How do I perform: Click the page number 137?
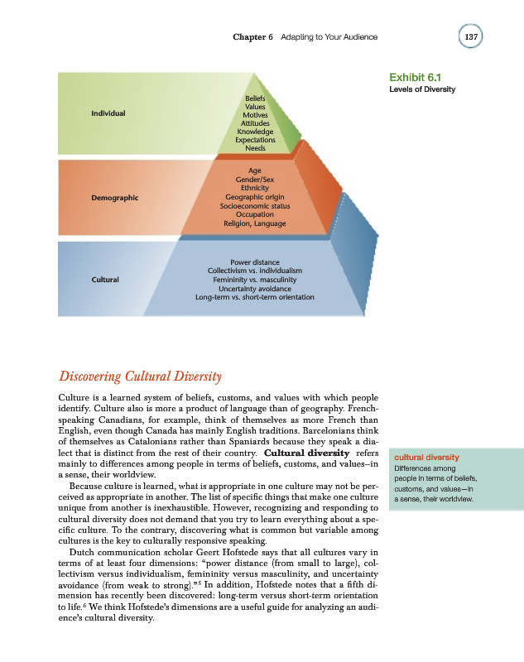click(x=472, y=37)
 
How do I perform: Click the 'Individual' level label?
click(x=108, y=113)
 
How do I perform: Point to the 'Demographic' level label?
click(x=114, y=198)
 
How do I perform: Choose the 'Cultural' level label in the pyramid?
click(x=105, y=279)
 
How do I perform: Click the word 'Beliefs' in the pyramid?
click(x=255, y=98)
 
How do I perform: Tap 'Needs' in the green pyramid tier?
click(x=255, y=148)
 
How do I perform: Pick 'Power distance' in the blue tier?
click(x=255, y=262)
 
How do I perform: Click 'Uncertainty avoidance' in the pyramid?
click(x=255, y=288)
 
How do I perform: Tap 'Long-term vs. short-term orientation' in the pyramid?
click(x=255, y=297)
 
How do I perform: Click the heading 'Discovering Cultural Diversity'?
click(x=140, y=378)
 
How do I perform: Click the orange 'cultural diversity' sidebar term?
click(x=425, y=457)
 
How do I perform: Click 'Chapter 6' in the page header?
click(x=252, y=37)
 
